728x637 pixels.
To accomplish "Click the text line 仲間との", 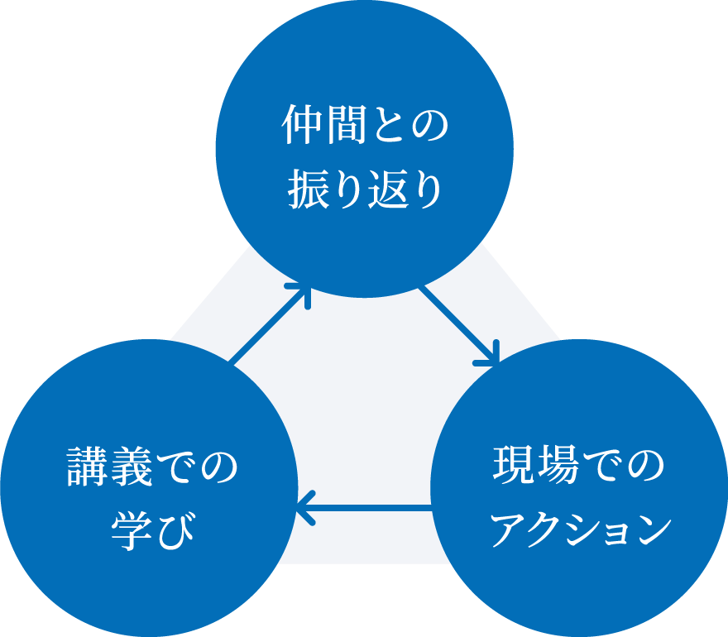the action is (x=365, y=124).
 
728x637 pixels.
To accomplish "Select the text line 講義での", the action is (x=152, y=467).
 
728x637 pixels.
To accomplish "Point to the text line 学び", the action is (x=152, y=530).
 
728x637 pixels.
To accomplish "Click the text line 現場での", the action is (x=578, y=465).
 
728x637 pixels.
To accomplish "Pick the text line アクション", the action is (x=582, y=529).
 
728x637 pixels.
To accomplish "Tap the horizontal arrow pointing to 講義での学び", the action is (x=365, y=509).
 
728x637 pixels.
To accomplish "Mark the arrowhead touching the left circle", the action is (x=306, y=509).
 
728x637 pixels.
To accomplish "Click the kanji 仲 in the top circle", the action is (x=302, y=124).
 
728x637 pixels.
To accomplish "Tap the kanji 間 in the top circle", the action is (x=344, y=124).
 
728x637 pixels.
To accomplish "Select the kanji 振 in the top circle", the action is (x=308, y=190).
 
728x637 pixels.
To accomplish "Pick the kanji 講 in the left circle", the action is (x=88, y=467).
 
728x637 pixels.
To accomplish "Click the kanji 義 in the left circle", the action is (x=131, y=467).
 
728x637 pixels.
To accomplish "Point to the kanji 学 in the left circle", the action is (x=132, y=530).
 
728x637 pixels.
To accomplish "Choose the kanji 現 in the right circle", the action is (x=513, y=465).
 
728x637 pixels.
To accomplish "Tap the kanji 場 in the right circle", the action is (x=556, y=465).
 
